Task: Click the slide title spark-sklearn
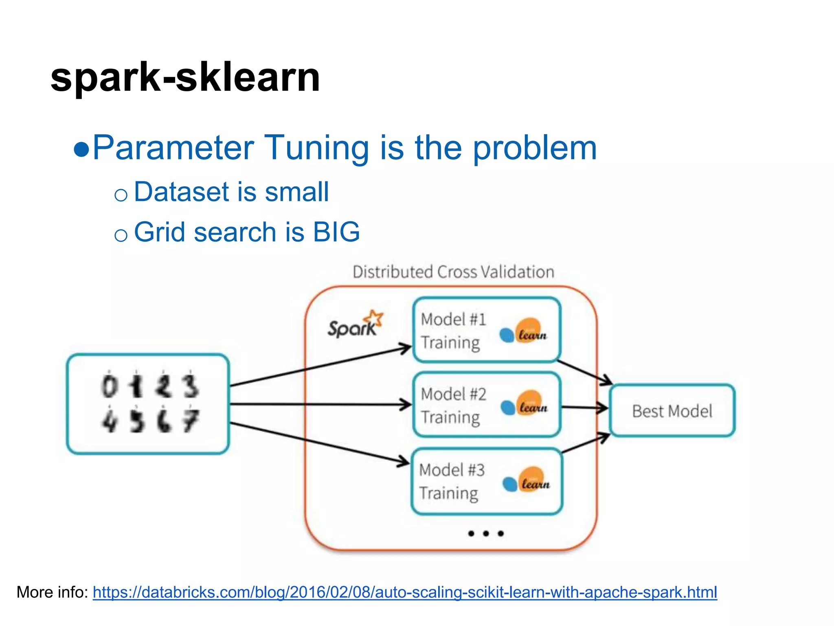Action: [185, 77]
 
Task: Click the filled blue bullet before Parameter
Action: [81, 150]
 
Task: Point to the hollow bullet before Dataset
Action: [121, 195]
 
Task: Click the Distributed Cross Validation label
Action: [453, 272]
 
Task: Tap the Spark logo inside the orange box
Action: [354, 325]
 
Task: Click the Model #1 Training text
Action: [453, 331]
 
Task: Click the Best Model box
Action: [672, 411]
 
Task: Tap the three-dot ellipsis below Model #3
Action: [485, 533]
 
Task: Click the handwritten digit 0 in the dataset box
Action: [109, 386]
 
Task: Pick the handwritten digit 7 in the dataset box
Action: [191, 421]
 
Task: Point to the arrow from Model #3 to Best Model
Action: [586, 443]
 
